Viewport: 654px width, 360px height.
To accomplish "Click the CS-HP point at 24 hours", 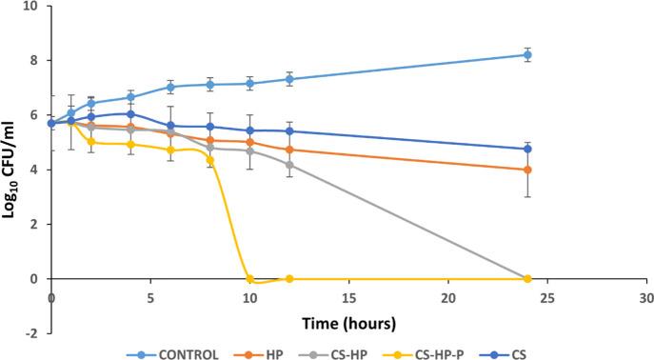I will (527, 278).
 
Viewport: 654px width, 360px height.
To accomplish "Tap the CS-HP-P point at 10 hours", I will (249, 279).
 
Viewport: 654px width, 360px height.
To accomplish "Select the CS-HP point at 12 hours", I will (289, 165).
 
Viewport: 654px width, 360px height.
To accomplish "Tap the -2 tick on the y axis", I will (31, 334).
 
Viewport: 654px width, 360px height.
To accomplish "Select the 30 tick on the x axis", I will (646, 297).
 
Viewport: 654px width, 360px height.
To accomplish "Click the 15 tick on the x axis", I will (348, 297).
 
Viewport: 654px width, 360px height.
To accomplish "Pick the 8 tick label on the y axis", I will (34, 60).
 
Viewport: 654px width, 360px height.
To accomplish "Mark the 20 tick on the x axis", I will (448, 297).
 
